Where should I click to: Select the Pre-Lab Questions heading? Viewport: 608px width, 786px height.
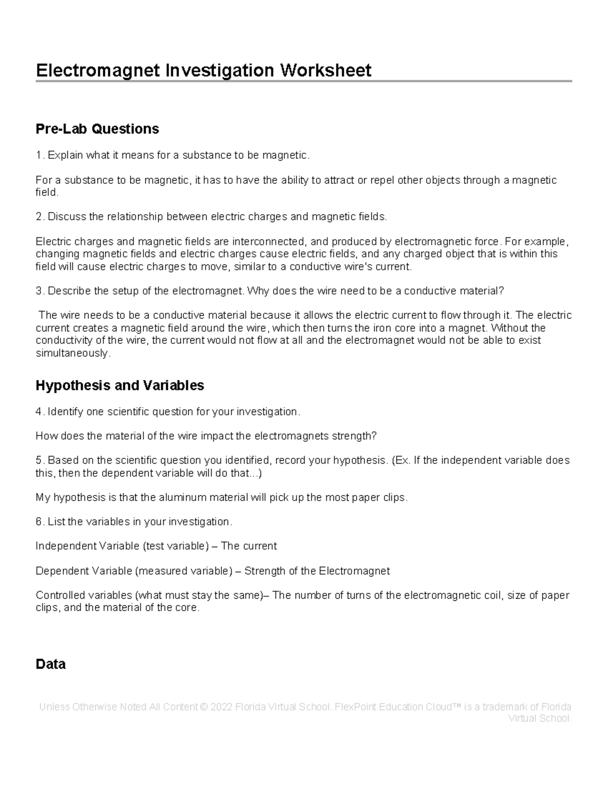click(97, 129)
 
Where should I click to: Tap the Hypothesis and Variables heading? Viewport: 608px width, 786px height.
click(120, 386)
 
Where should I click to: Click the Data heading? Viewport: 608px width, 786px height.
click(51, 664)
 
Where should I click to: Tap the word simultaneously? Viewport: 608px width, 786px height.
click(72, 353)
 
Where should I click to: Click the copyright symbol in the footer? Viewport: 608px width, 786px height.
click(204, 707)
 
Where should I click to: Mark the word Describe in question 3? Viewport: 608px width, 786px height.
click(70, 292)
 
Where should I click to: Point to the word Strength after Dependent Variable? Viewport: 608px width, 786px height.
click(265, 571)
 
